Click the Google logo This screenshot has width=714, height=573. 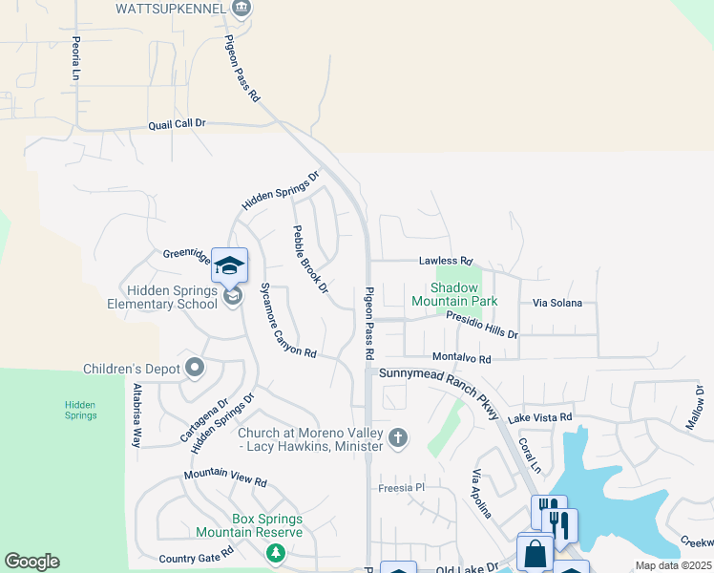pos(31,562)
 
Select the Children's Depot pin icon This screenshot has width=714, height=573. pos(195,368)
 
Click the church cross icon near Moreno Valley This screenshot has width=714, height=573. pos(398,438)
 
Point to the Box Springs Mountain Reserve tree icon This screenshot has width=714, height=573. pos(275,553)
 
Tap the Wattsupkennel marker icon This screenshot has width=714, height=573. pos(241,9)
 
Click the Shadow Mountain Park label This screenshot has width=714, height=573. pos(454,294)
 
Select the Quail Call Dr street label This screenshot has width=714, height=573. pos(177,124)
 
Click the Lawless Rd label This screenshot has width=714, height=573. pos(446,261)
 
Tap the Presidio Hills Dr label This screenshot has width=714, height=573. pos(482,328)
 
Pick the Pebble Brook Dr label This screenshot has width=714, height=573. pos(310,259)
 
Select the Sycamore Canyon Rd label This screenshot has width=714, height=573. pos(287,321)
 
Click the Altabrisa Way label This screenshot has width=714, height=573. pos(136,416)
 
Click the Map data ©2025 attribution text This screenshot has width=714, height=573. pos(673,565)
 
